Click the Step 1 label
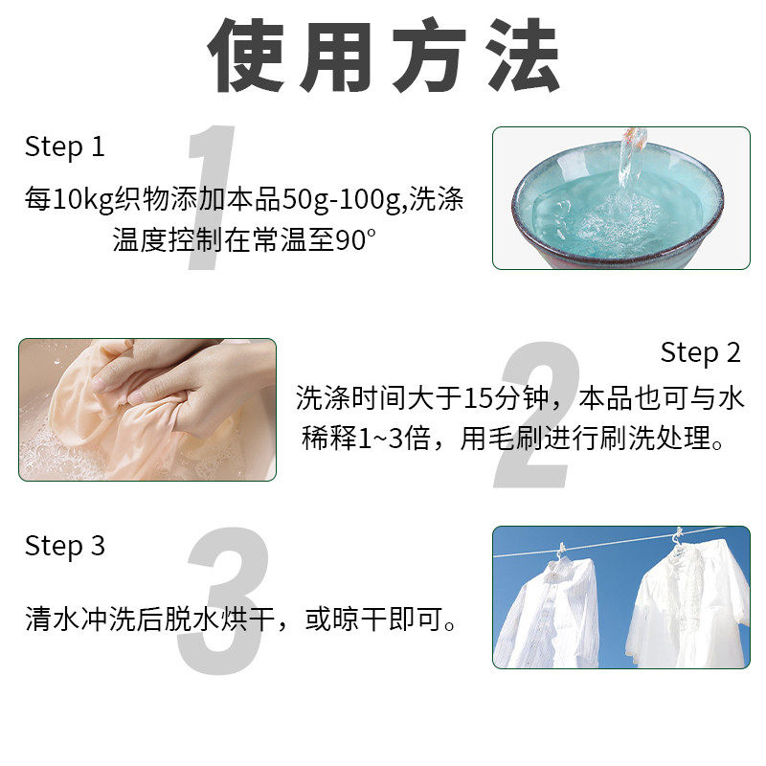pos(64,147)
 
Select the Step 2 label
pos(701,352)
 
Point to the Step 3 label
pos(64,546)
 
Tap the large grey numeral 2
pos(538,412)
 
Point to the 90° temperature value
pos(350,240)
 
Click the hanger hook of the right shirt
pos(679,536)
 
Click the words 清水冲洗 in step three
pos(81,620)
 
